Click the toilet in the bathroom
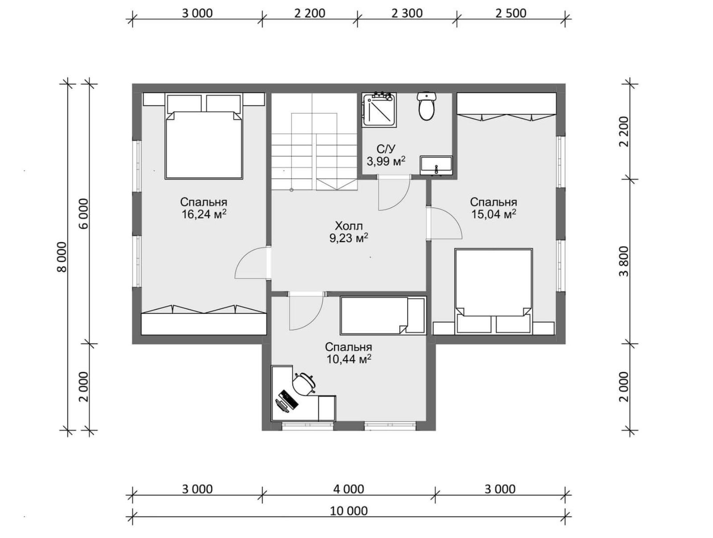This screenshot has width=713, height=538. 426,106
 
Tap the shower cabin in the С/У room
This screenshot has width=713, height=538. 379,109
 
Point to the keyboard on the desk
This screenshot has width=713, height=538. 289,399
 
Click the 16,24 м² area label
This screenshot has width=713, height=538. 204,214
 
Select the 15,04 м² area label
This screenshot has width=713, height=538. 493,214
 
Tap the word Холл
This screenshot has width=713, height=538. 348,226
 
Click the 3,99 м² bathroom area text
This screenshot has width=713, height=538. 386,161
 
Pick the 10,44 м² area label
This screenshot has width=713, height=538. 348,359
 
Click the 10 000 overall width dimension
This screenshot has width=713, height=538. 349,511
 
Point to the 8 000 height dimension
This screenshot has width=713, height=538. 61,257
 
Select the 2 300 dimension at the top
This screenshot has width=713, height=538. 407,13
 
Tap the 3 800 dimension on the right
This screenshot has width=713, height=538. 624,261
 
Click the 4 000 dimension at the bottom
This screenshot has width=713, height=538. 348,489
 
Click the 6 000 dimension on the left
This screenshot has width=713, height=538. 83,214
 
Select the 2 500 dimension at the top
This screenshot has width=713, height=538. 511,13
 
